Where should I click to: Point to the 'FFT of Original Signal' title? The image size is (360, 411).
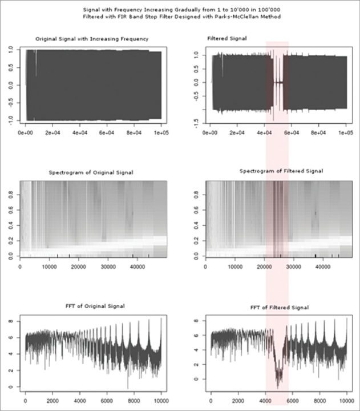(92, 307)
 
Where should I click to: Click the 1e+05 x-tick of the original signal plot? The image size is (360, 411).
(161, 132)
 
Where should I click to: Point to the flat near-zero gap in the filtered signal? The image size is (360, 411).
(278, 82)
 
